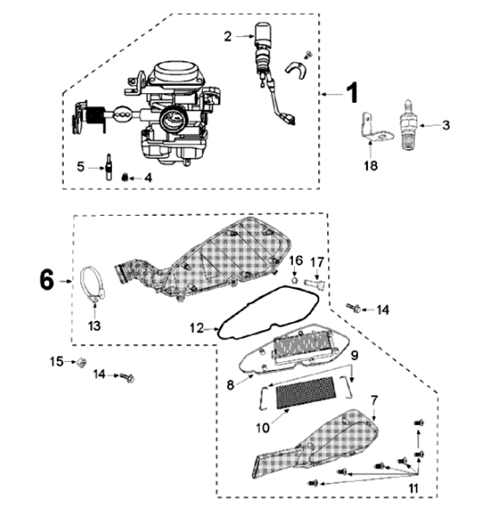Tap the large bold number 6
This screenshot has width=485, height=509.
46,281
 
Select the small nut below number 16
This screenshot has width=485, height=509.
295,281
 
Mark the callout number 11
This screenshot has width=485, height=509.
414,488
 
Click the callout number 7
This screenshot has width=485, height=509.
375,398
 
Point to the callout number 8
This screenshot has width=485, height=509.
231,384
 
